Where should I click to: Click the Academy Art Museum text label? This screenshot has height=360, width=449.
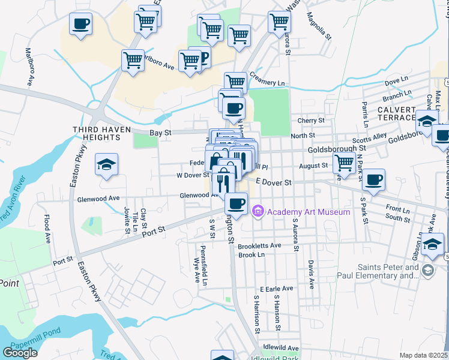[x=309, y=212]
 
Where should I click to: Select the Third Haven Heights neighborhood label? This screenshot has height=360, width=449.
[x=96, y=133]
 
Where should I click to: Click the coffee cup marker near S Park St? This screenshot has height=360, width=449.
[x=373, y=179]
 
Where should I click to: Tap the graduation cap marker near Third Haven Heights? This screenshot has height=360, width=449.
[x=106, y=164]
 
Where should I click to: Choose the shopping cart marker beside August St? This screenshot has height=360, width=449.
[x=344, y=161]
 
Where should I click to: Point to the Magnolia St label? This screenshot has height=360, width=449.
[x=319, y=25]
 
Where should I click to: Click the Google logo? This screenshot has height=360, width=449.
[x=20, y=353]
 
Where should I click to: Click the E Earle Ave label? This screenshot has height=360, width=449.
[x=276, y=288]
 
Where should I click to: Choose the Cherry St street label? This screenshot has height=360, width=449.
[x=311, y=120]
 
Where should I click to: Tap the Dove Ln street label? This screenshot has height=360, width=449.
[x=396, y=80]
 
